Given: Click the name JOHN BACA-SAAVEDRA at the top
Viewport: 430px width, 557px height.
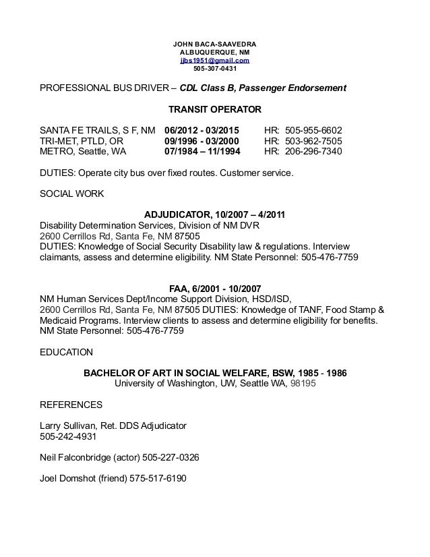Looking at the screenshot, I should click(x=214, y=45).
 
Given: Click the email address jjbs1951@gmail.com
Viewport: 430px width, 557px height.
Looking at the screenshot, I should click(x=214, y=60).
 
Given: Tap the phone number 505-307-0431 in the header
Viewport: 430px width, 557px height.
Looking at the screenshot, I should click(x=214, y=68).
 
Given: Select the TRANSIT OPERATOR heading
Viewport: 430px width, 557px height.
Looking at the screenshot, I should click(x=214, y=109).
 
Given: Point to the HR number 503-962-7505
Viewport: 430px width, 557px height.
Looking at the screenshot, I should click(x=313, y=141).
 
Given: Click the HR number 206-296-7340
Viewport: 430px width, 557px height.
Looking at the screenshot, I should click(x=313, y=152).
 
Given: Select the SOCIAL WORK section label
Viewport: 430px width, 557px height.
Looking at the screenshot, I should click(x=72, y=194).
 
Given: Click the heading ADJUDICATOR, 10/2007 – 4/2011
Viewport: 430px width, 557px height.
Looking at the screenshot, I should click(x=215, y=215).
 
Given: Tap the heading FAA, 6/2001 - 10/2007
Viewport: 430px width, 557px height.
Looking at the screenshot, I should click(x=214, y=289).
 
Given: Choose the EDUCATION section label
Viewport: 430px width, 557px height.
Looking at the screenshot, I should click(x=67, y=353).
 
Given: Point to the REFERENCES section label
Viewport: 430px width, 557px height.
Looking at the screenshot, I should click(x=71, y=405).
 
